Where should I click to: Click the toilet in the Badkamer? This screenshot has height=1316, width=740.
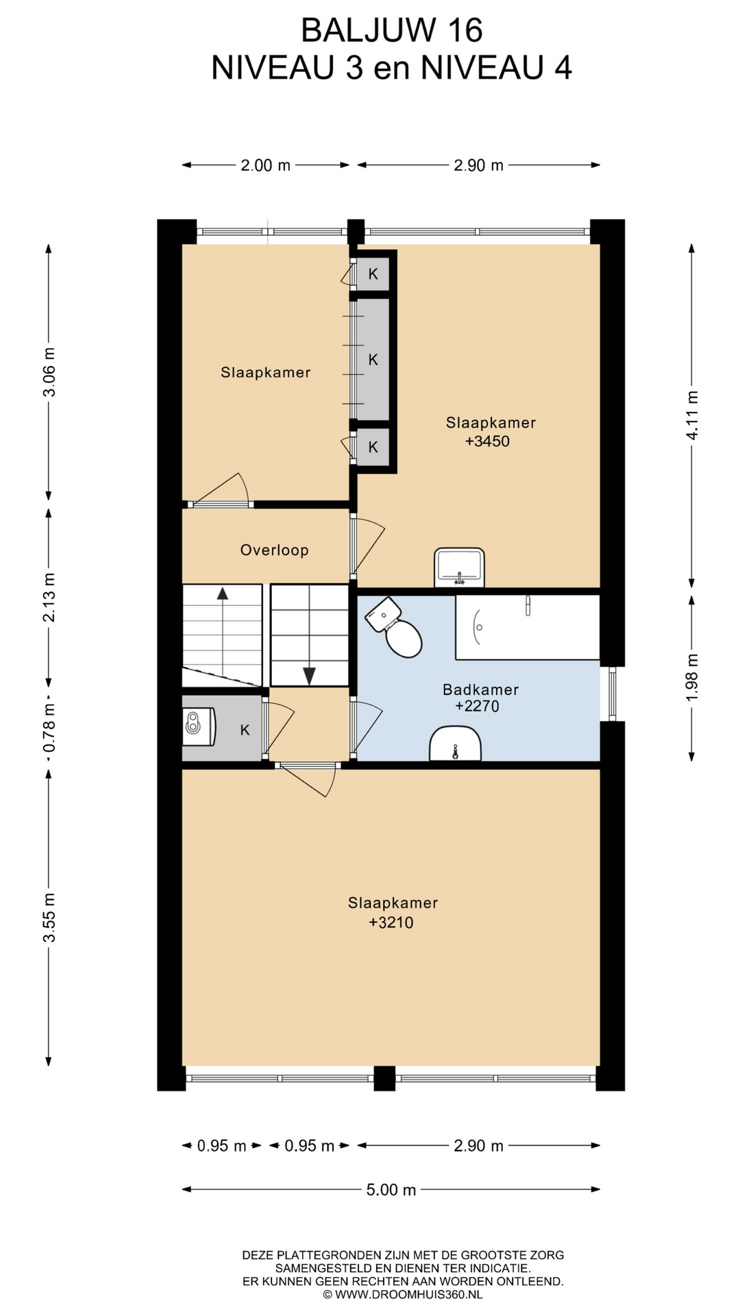pos(394,626)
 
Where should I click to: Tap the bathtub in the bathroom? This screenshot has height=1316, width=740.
pos(528,627)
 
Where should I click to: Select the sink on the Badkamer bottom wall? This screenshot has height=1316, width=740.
pos(455,744)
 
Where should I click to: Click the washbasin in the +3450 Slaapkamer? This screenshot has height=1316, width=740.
pos(459,568)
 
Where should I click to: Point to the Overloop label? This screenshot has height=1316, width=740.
pos(274,550)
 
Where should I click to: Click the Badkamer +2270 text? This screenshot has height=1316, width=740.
pos(480,698)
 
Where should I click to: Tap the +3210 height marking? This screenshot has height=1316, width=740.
pos(391,923)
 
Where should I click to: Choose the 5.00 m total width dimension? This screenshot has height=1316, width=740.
pos(391,1189)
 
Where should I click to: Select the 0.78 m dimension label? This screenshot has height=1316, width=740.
pos(49,729)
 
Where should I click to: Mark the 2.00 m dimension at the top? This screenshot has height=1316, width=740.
pos(265,165)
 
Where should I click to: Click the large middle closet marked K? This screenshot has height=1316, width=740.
pos(373,359)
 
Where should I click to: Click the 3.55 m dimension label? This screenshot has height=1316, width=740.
pos(49,917)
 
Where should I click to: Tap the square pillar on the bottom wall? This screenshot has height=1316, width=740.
pos(384,1078)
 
